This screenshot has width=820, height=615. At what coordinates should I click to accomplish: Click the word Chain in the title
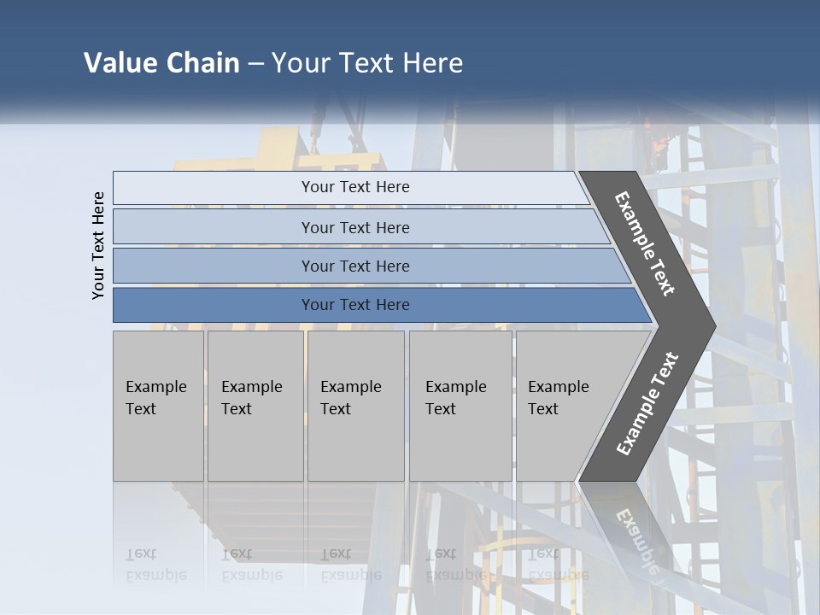pyautogui.click(x=202, y=63)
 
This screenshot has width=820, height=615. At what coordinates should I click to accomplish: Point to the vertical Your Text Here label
pyautogui.click(x=98, y=245)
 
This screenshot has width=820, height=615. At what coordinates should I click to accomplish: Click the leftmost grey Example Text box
pyautogui.click(x=158, y=406)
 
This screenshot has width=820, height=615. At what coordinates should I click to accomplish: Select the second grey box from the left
pyautogui.click(x=255, y=406)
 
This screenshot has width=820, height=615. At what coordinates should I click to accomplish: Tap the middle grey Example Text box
pyautogui.click(x=355, y=406)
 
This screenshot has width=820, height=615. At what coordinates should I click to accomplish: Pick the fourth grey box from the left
pyautogui.click(x=460, y=406)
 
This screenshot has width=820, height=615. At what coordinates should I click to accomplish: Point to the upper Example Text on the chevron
pyautogui.click(x=645, y=243)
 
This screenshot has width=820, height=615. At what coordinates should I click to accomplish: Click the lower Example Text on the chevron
pyautogui.click(x=647, y=404)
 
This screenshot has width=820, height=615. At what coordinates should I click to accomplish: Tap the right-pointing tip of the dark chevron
pyautogui.click(x=712, y=325)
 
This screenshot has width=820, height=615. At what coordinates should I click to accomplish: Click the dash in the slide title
pyautogui.click(x=255, y=64)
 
